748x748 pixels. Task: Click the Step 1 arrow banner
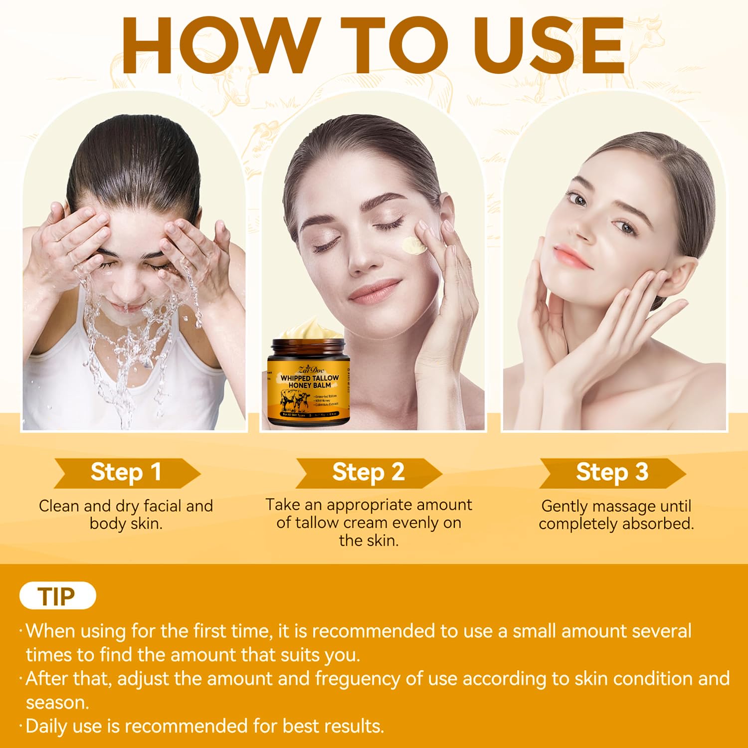[x=127, y=472]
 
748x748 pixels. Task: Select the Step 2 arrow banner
[x=369, y=472]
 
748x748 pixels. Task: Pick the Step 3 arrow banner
[x=612, y=472]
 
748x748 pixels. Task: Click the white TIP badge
[x=57, y=596]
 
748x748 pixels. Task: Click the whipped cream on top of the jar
[x=307, y=329]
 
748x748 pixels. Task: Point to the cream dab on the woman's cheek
[x=413, y=245]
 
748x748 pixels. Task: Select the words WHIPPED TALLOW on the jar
[x=310, y=378]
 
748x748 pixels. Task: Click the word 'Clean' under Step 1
[x=59, y=506]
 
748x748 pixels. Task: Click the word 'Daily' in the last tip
[x=47, y=726]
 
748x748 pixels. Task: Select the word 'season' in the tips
[x=57, y=703]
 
